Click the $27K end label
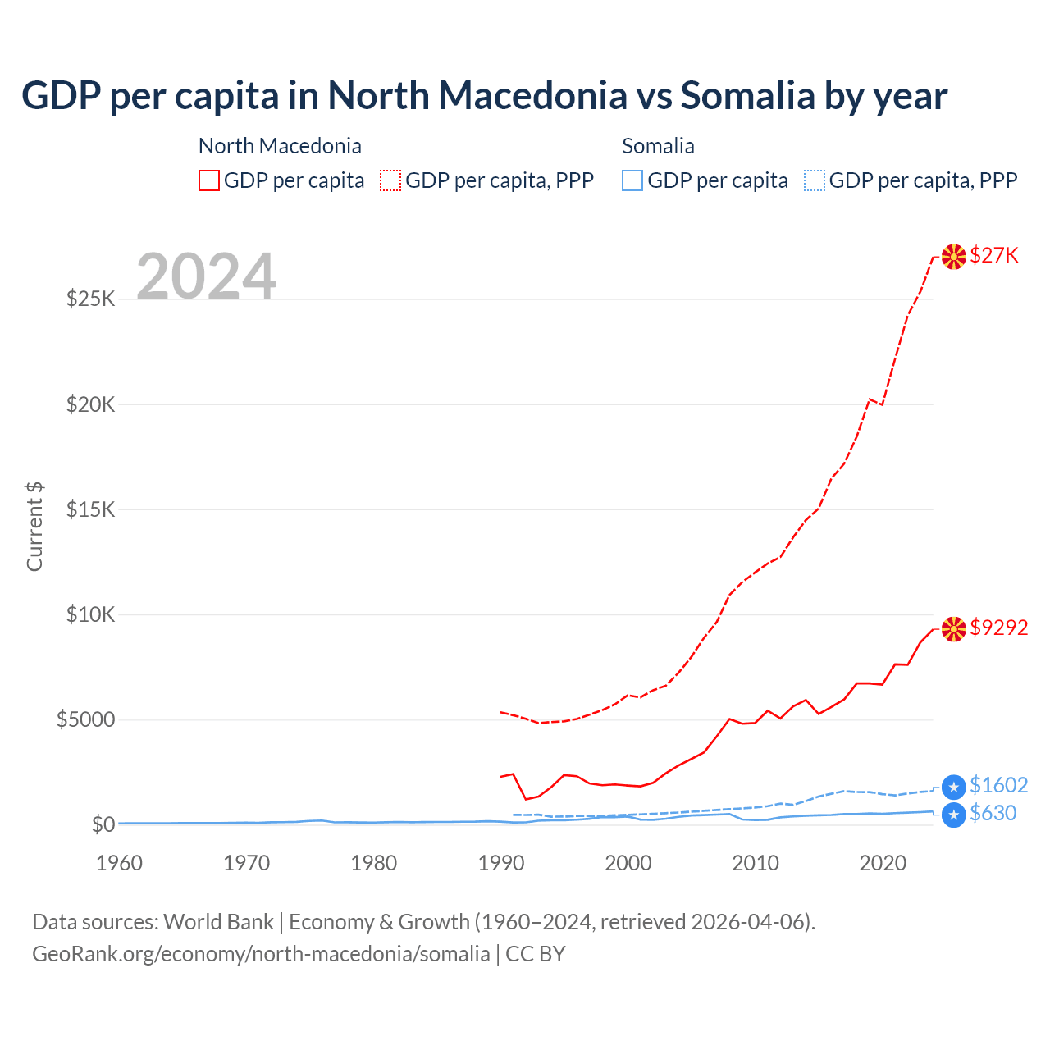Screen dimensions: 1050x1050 (994, 256)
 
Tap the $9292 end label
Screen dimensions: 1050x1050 (998, 628)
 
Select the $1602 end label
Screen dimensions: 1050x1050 (998, 785)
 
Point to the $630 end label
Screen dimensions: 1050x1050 (993, 813)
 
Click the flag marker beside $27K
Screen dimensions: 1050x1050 (953, 257)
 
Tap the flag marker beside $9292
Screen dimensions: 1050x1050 (953, 629)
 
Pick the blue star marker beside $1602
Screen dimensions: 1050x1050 (953, 787)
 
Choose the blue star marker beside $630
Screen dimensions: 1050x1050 (953, 815)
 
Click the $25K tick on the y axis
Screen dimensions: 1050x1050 (90, 299)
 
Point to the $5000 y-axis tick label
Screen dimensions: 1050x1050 (85, 720)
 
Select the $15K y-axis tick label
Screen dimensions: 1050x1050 (90, 509)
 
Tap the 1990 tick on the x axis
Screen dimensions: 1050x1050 (501, 863)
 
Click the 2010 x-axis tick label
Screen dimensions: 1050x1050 (756, 863)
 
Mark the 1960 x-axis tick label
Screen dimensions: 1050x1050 (120, 863)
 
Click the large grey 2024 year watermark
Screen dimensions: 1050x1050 (206, 276)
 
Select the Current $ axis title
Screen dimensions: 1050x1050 (34, 527)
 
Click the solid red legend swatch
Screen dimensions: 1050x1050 (209, 180)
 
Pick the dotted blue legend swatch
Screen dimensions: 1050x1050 (815, 180)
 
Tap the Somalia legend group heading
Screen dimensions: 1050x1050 (658, 146)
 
